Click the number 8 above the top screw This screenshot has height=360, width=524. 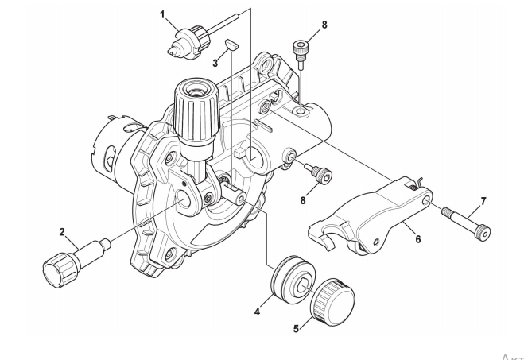coord(324,25)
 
